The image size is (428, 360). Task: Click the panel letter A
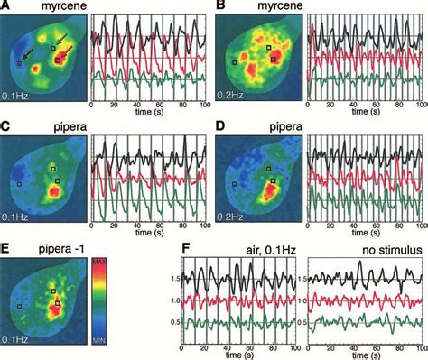7,6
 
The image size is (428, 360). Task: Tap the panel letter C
7,126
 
